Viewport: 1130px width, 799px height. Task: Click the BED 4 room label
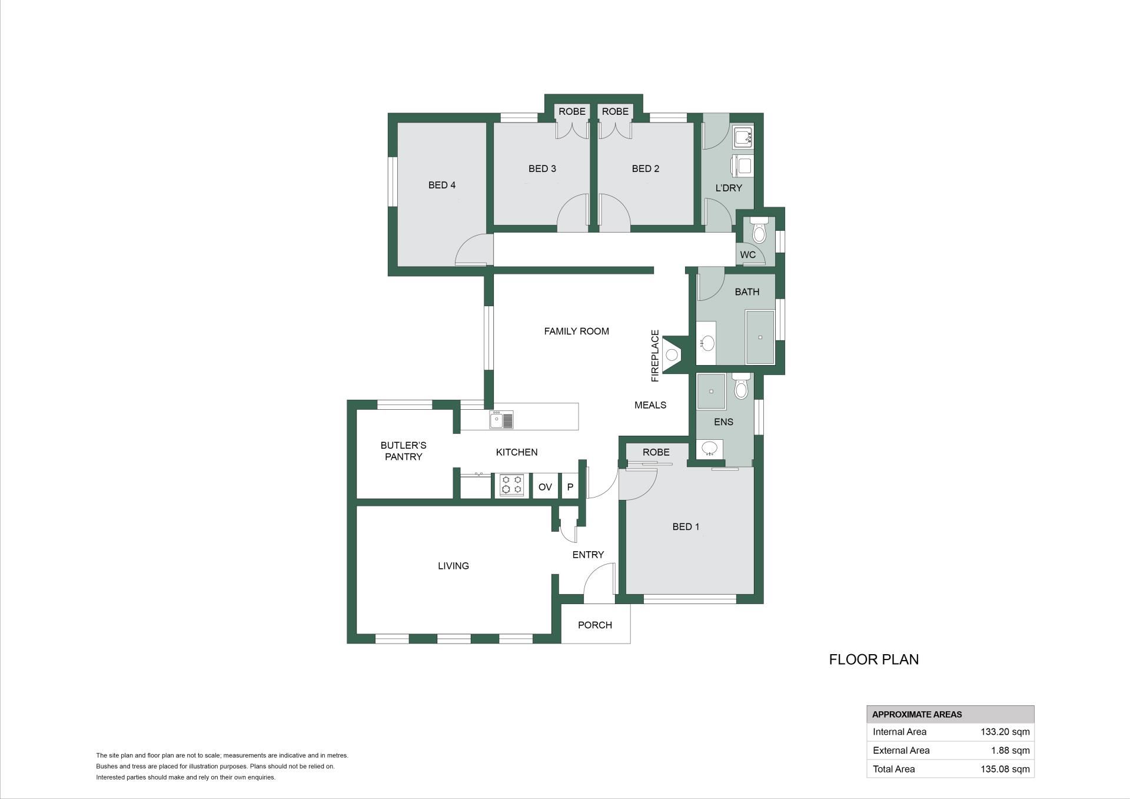pos(441,185)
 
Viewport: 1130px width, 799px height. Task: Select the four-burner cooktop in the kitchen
pos(511,485)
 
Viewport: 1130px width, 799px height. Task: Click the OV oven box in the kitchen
pos(545,486)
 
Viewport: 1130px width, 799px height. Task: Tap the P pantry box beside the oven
pos(570,486)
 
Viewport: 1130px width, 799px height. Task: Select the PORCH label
pos(595,625)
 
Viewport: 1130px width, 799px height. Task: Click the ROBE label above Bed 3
pos(572,111)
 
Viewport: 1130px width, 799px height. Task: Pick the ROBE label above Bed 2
pos(615,111)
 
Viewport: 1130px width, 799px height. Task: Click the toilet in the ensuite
pos(742,386)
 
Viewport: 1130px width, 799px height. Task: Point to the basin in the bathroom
pos(707,343)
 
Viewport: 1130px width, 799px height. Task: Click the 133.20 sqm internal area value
pos(1005,732)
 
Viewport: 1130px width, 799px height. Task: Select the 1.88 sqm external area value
pos(1011,750)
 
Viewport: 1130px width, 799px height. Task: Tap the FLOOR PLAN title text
pos(874,659)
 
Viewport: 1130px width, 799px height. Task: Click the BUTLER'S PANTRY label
pos(403,451)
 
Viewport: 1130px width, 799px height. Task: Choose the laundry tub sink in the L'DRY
pos(743,138)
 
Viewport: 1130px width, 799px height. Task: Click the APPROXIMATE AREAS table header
pos(917,714)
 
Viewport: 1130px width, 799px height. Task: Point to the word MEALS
pos(650,405)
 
